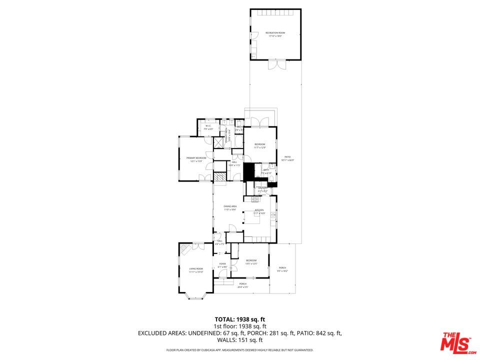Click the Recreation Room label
275,33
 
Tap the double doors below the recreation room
275,65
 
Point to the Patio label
287,157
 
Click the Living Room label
196,269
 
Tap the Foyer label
222,263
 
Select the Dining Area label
230,206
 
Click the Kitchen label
259,210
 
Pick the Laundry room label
263,188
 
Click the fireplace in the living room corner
185,248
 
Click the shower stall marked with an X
218,142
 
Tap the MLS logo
455,341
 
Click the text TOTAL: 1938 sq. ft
239,319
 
